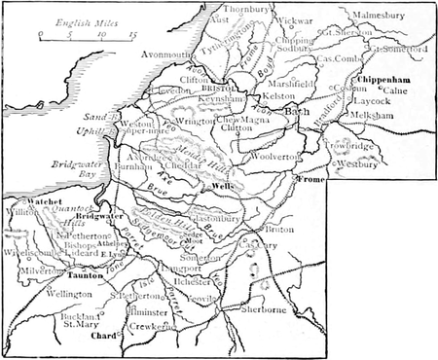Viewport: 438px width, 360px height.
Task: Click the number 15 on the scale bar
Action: tap(132, 34)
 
